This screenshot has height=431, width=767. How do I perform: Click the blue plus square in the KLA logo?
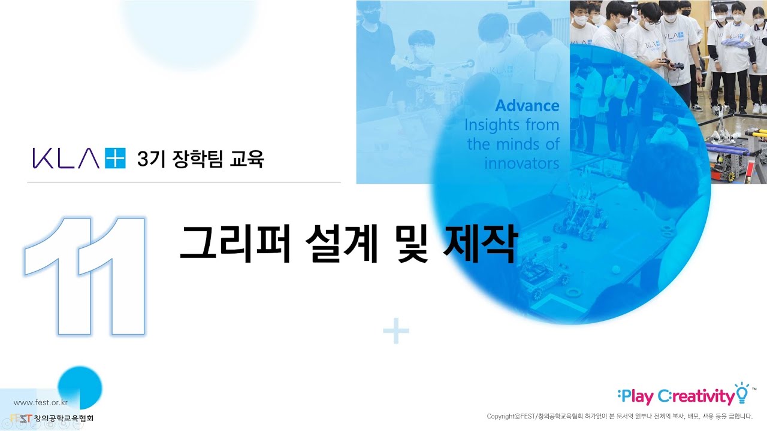(x=115, y=159)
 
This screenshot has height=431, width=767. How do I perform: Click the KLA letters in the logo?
(x=66, y=159)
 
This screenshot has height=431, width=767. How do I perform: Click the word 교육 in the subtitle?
(x=246, y=159)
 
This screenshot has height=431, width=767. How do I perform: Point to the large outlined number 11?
(x=84, y=276)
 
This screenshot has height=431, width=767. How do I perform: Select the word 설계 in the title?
(x=342, y=243)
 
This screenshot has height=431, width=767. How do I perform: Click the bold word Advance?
(x=527, y=105)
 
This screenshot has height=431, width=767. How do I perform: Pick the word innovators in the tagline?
(x=521, y=163)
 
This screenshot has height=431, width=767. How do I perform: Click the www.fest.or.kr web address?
(x=41, y=403)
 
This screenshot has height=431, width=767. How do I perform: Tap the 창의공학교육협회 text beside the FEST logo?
(x=64, y=418)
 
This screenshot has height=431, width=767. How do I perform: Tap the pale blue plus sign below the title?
(x=396, y=331)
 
